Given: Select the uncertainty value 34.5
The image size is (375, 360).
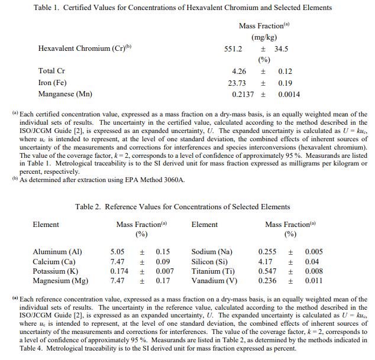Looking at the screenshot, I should (x=281, y=49).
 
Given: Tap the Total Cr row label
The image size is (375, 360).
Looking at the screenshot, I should (x=51, y=72).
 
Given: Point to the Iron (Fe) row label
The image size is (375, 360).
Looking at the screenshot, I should (x=54, y=83).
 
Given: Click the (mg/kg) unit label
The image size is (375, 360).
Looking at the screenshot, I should (x=264, y=37).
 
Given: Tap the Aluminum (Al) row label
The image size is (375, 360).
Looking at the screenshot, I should (x=57, y=252).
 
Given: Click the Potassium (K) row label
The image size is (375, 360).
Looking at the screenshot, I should (x=56, y=271).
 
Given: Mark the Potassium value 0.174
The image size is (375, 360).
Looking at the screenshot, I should (x=120, y=271).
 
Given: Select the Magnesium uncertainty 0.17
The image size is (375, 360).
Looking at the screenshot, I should (x=163, y=281).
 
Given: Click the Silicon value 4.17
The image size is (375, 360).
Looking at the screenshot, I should (x=266, y=261).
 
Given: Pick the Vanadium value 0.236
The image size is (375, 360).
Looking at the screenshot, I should (x=267, y=281).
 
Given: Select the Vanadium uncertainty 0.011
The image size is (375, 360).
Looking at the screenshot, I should (x=314, y=281).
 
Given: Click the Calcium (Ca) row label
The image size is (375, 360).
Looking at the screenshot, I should (x=54, y=261).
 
